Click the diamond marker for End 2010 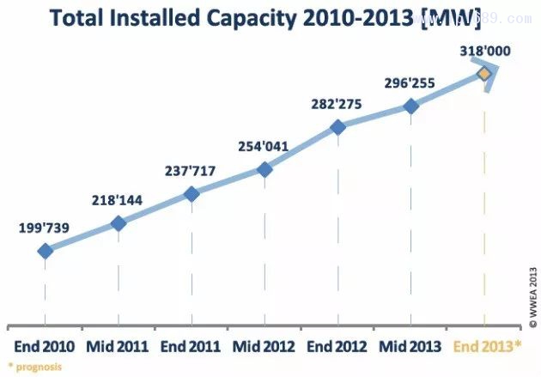click(45, 251)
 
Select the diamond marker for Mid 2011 click(119, 223)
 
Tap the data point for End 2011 click(191, 194)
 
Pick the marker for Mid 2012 click(264, 169)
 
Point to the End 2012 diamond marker click(337, 127)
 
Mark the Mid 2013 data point click(410, 106)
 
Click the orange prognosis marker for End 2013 click(483, 74)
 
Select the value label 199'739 click(44, 228)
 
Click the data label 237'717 click(191, 170)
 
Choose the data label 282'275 click(336, 104)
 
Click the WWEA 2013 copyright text click(532, 292)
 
